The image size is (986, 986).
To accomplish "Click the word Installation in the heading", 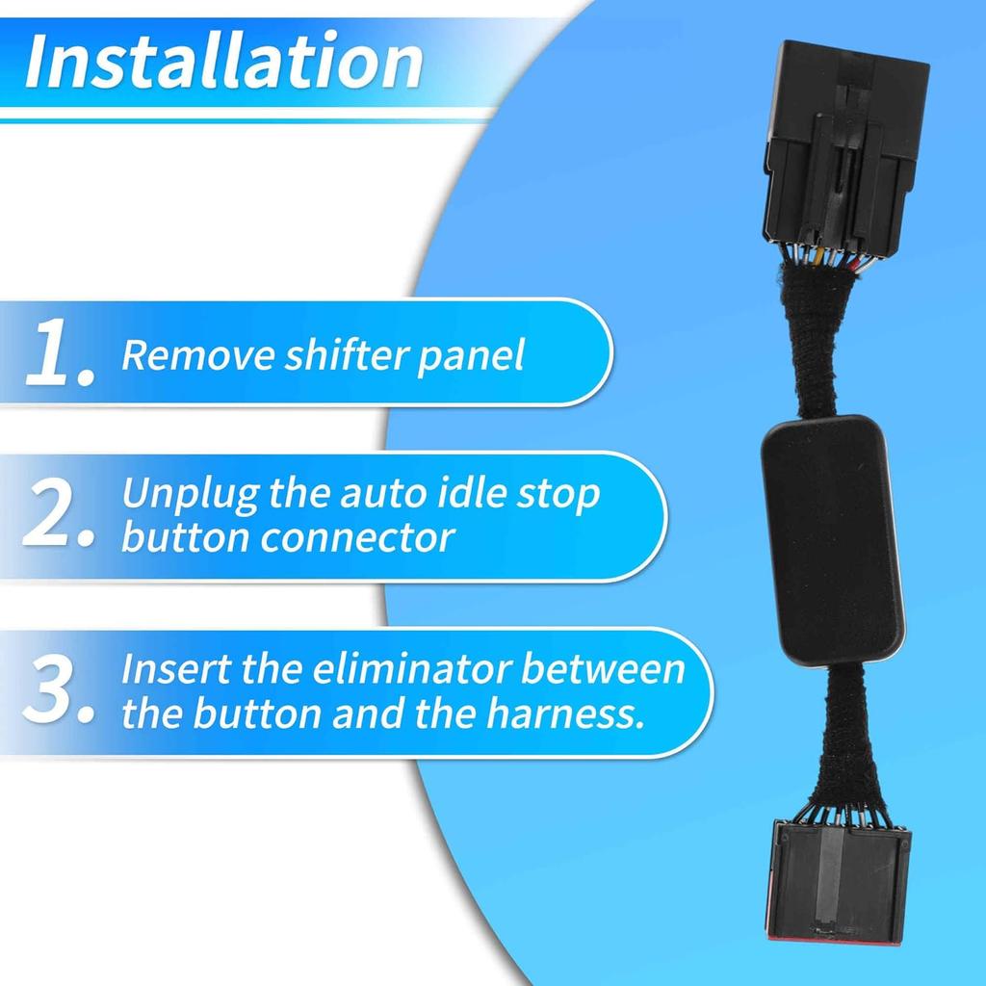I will [x=223, y=62].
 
